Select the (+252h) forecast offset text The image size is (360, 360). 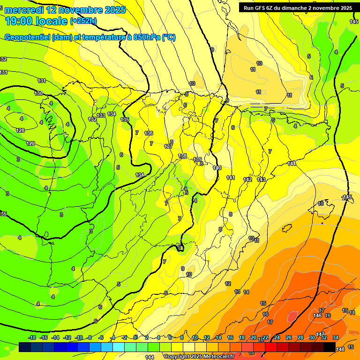[83, 21]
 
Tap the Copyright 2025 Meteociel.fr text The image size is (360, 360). [198, 357]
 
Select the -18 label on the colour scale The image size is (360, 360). [32, 337]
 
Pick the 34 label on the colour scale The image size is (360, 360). [336, 337]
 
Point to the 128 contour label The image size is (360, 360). [20, 130]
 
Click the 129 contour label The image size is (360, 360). [30, 143]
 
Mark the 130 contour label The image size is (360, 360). [38, 93]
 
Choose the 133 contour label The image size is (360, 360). [101, 115]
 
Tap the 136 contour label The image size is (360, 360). [149, 133]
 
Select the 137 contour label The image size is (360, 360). [168, 147]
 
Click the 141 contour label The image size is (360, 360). [231, 178]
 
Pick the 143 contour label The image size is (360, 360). [261, 180]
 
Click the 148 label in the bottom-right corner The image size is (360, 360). [340, 349]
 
